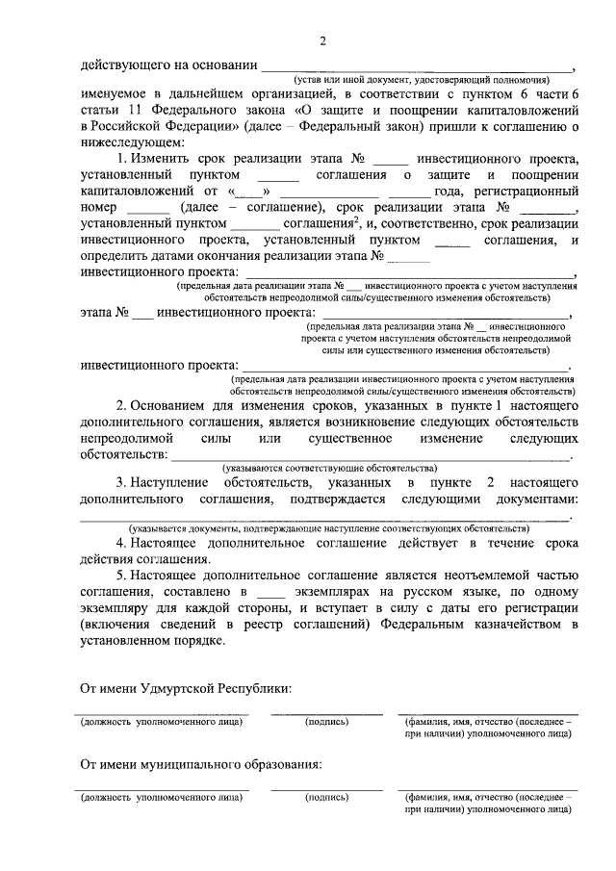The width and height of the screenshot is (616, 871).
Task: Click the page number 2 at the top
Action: tap(323, 40)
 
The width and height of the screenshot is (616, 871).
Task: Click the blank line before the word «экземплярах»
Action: tap(272, 592)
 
